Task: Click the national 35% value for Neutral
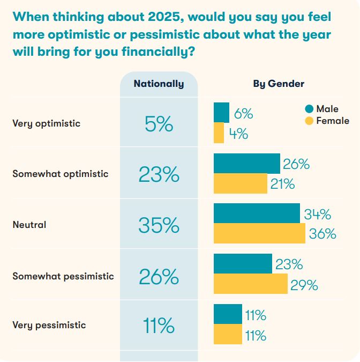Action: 159,226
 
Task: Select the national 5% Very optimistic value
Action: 159,124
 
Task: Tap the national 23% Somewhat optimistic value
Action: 159,175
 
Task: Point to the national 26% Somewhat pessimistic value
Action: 159,277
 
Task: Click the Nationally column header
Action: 159,84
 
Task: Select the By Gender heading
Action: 279,84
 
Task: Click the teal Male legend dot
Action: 309,109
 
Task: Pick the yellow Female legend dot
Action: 309,121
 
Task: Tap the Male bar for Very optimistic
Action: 221,113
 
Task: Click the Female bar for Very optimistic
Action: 219,133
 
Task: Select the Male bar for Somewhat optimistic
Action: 246,163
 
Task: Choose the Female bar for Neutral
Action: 259,234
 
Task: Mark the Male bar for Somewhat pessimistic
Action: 243,264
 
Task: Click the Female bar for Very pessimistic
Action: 228,335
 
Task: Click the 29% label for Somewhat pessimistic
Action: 304,285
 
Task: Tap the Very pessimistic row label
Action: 49,325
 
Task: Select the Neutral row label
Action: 29,225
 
